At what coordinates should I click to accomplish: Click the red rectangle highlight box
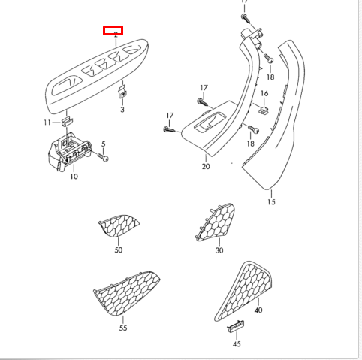(113, 32)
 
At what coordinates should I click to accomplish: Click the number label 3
(122, 110)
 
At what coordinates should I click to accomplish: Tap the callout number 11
(47, 122)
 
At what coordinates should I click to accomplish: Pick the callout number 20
(206, 166)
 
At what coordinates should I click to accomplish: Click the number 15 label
(271, 202)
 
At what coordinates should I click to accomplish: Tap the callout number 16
(264, 93)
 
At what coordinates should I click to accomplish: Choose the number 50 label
(118, 250)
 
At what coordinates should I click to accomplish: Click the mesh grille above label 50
(118, 225)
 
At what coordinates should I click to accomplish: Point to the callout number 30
(219, 250)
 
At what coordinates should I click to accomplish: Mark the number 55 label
(122, 328)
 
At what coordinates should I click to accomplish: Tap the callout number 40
(258, 310)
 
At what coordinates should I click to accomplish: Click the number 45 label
(236, 343)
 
